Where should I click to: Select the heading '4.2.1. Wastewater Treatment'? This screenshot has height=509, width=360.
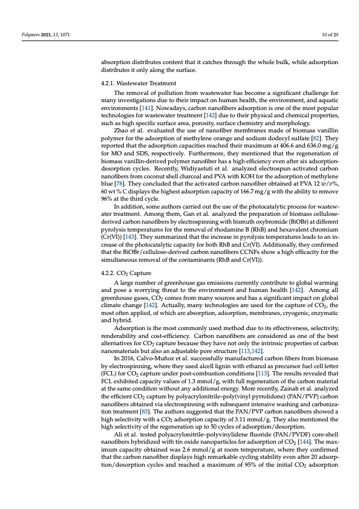[x=139, y=83]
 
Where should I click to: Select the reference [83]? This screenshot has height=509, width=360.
[x=143, y=409]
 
